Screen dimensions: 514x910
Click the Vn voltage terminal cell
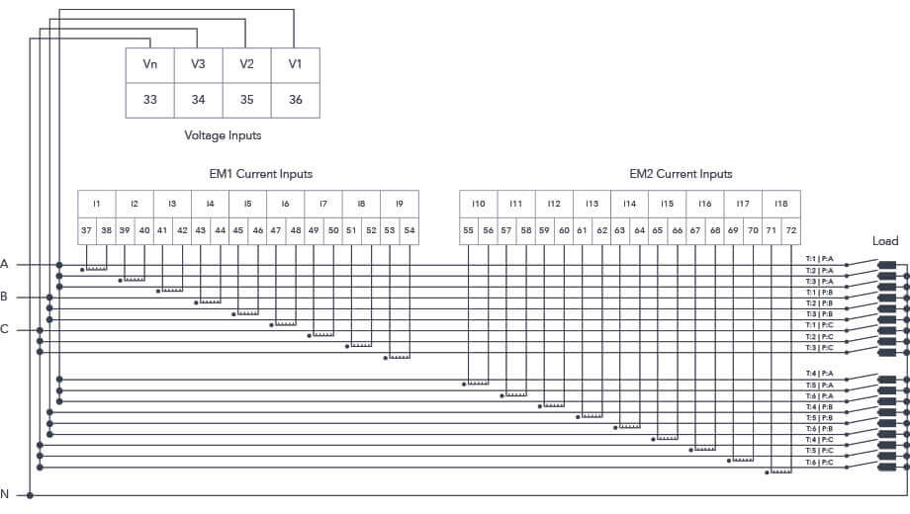point(150,65)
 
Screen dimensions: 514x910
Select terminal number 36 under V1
point(295,100)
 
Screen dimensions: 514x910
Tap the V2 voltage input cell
point(246,65)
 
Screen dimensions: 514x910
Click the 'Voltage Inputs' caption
point(223,135)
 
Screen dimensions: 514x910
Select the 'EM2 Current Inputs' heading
point(681,174)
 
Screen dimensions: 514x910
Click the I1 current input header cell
point(97,204)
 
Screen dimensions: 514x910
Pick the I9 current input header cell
point(400,204)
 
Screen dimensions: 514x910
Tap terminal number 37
point(87,229)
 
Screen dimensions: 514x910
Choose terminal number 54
point(409,229)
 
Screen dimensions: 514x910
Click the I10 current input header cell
point(478,204)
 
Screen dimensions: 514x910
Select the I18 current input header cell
point(781,204)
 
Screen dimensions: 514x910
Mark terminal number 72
point(790,229)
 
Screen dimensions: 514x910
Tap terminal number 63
point(620,229)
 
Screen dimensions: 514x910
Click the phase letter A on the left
point(5,264)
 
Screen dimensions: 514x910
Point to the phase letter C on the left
point(5,329)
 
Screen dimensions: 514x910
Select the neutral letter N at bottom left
point(5,494)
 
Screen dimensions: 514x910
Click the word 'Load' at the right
point(885,241)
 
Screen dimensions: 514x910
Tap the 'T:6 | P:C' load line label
point(820,463)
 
